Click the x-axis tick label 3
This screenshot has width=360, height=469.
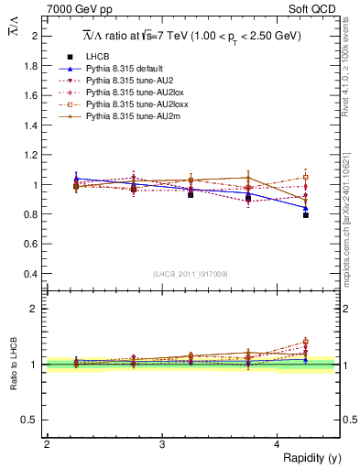[161, 444]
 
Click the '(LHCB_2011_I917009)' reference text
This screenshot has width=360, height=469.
[191, 273]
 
